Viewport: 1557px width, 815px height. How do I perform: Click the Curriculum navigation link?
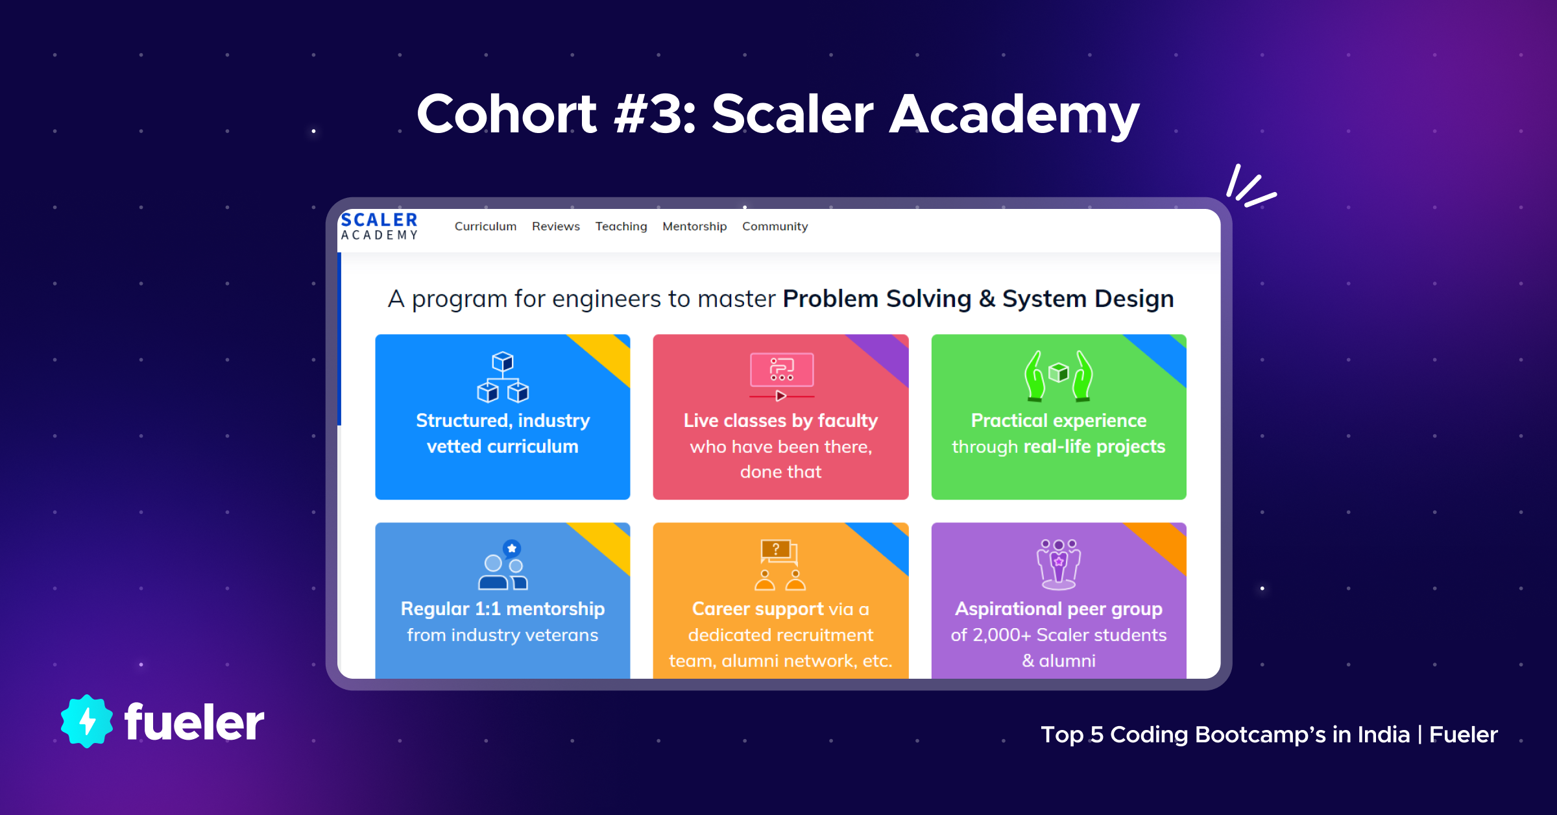(x=485, y=226)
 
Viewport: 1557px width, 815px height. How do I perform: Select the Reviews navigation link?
(x=556, y=226)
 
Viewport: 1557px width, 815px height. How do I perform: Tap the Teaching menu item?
(x=622, y=226)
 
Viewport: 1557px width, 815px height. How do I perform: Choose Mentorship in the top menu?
(x=695, y=226)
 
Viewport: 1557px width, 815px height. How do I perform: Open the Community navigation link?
(x=775, y=226)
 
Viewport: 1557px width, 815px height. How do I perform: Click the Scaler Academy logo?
(x=380, y=226)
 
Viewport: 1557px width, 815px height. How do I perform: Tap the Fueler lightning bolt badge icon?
(x=87, y=721)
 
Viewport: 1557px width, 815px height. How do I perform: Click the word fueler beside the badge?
(x=194, y=722)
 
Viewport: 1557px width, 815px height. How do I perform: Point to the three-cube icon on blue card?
(x=503, y=377)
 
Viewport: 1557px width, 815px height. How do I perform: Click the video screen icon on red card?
(x=782, y=377)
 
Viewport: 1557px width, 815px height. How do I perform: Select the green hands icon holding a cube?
(x=1059, y=376)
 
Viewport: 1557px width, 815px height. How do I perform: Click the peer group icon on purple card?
(x=1059, y=565)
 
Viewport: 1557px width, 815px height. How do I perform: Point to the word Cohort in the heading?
(x=507, y=114)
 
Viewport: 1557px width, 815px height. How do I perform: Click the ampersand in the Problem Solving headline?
(x=987, y=299)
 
